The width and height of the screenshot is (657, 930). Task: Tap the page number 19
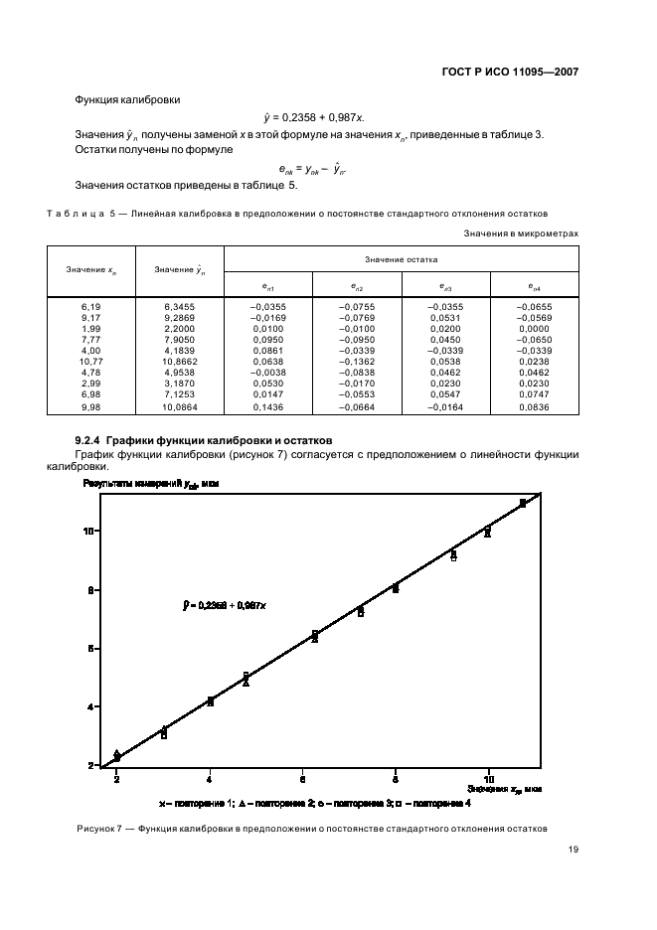[574, 850]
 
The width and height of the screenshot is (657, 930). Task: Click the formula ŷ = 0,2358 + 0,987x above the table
[328, 117]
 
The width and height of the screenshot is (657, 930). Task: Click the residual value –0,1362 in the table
[357, 364]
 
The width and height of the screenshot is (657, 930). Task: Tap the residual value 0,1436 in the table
[268, 407]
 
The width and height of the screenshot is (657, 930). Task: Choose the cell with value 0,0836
[534, 407]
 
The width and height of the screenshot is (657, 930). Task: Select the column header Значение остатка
[401, 259]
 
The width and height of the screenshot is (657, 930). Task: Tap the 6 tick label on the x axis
[302, 779]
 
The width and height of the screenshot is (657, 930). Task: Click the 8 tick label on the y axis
[89, 590]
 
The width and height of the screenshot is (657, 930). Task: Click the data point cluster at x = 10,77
[523, 504]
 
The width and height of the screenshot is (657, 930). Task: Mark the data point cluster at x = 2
[117, 756]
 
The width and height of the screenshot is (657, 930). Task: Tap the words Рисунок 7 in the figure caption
[97, 830]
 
